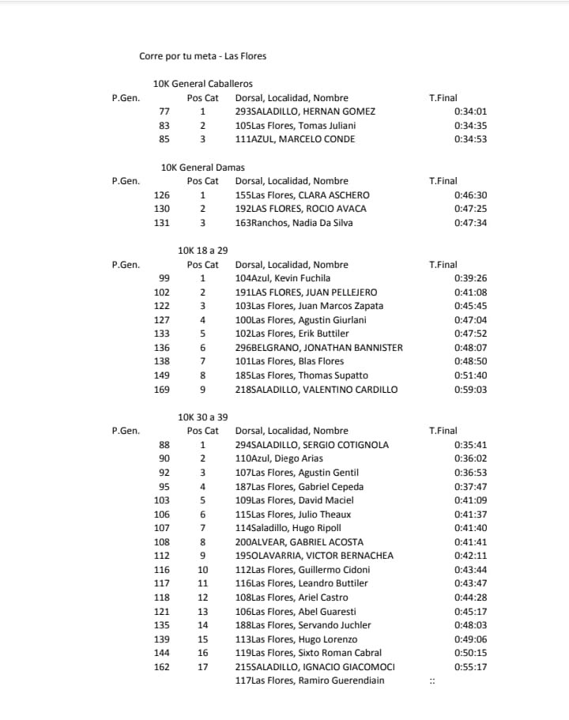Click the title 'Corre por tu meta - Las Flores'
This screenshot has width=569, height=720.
click(x=202, y=56)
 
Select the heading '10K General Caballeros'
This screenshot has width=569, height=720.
click(x=203, y=84)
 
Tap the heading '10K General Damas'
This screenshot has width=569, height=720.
click(x=202, y=168)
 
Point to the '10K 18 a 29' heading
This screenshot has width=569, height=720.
click(x=203, y=251)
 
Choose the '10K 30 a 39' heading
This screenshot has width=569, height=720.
click(x=203, y=417)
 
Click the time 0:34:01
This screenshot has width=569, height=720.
click(x=470, y=111)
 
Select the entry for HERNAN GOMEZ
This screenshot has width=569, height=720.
click(x=305, y=111)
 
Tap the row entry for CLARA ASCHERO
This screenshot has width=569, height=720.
click(x=302, y=195)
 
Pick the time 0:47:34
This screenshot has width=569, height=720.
click(x=470, y=223)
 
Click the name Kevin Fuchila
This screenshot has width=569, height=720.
click(x=283, y=278)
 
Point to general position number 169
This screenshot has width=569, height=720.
click(x=161, y=390)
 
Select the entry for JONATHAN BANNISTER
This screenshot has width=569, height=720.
click(x=318, y=348)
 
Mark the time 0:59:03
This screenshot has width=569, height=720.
click(x=470, y=390)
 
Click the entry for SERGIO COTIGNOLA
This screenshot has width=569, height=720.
click(x=312, y=445)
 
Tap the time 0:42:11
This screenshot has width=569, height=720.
click(x=470, y=556)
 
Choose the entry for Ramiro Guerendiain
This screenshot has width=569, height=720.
click(x=310, y=680)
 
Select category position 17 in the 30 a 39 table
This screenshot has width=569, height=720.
click(x=202, y=667)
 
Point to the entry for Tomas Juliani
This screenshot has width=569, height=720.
click(x=296, y=126)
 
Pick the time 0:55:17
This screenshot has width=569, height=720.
click(x=470, y=667)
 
